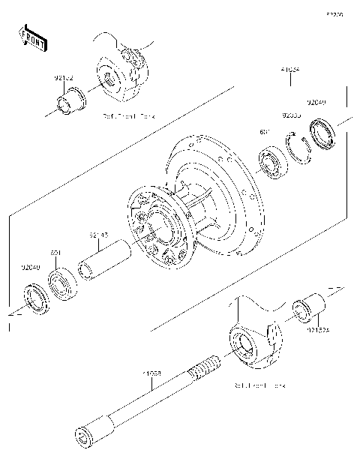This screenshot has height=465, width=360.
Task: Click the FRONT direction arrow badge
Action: coord(32,37)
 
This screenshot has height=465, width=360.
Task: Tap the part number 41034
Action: coord(290,69)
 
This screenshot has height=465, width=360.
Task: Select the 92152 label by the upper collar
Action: coord(64,76)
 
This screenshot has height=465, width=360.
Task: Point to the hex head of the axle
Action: coord(85,434)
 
